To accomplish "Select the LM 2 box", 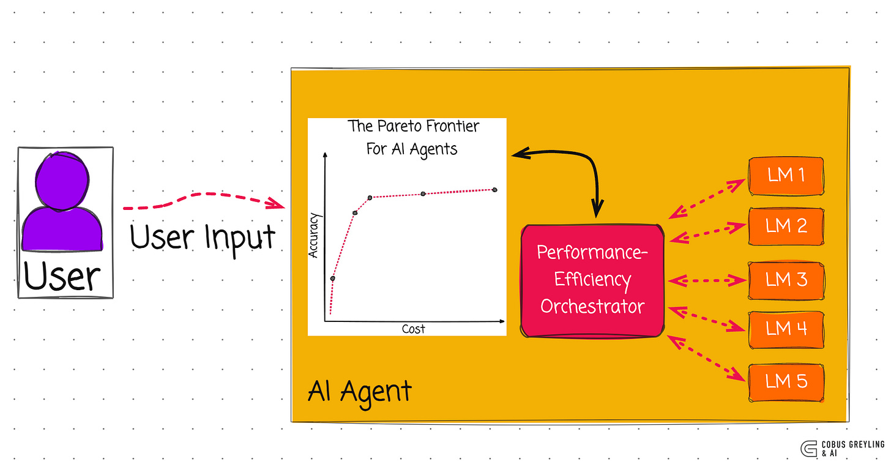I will (x=786, y=226).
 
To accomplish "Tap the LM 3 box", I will (x=786, y=280).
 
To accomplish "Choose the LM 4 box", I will (x=786, y=329).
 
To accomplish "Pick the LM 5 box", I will (x=786, y=382).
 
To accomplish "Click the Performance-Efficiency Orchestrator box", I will (x=592, y=280).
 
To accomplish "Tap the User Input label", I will (x=203, y=237).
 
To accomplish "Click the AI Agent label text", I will (x=359, y=391).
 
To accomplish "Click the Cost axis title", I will (x=413, y=329).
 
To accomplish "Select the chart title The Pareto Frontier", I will (x=413, y=127).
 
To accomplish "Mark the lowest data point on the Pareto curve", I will (x=332, y=279).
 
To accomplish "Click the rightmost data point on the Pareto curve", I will (x=494, y=190).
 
